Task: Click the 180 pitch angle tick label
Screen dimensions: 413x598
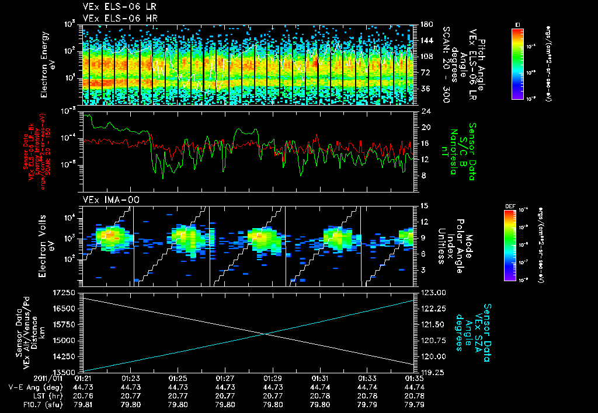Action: click(x=425, y=24)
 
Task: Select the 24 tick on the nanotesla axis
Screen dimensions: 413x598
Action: click(x=426, y=111)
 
